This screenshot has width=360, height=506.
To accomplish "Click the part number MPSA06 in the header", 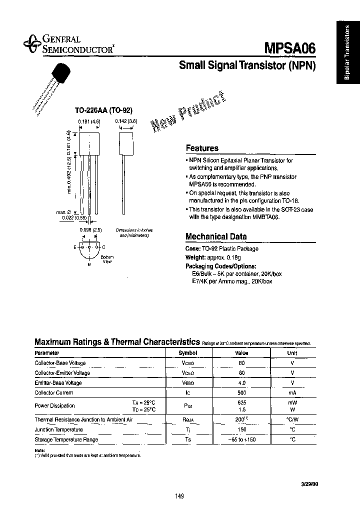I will [289, 48].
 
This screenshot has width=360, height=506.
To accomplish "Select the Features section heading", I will [202, 148].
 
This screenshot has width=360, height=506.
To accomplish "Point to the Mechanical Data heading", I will [216, 236].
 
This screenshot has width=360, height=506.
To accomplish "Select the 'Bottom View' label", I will [107, 259].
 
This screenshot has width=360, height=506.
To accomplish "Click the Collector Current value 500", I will [242, 393].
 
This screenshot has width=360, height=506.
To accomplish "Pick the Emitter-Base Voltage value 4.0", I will [242, 383].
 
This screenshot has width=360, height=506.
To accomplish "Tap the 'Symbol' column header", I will [188, 352].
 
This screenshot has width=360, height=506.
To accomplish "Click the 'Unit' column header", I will [293, 352].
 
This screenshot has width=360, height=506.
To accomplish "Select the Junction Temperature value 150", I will [242, 429].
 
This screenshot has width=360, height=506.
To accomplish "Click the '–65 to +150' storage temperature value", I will [242, 439].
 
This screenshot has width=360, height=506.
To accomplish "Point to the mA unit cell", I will [293, 393].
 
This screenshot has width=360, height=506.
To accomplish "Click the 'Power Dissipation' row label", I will [54, 405].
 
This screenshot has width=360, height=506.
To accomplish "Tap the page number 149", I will [180, 496].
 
